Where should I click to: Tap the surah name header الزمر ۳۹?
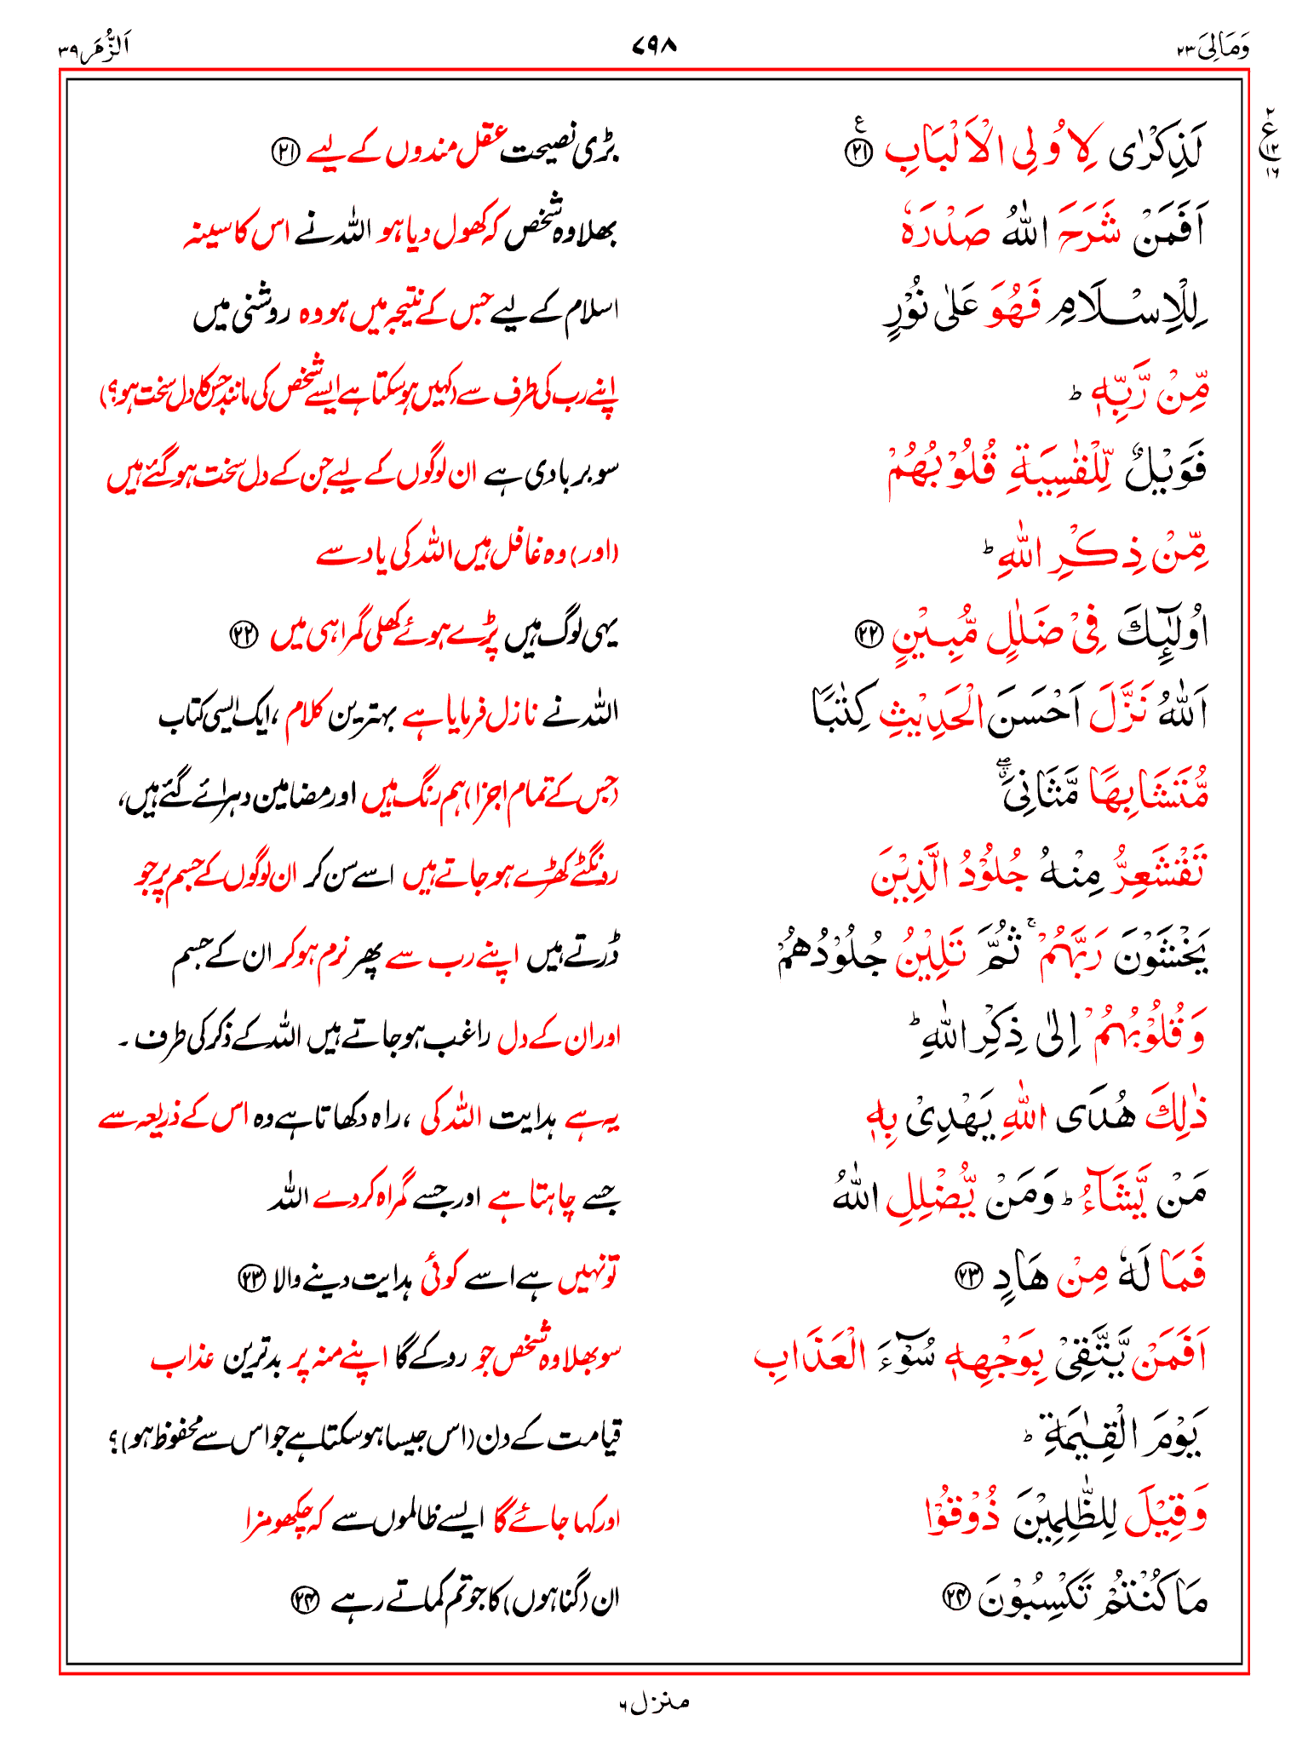pos(94,49)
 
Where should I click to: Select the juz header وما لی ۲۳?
pos(1213,49)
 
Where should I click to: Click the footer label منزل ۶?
pos(654,1703)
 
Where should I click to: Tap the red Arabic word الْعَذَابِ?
pos(809,1356)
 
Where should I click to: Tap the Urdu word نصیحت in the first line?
pos(543,153)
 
